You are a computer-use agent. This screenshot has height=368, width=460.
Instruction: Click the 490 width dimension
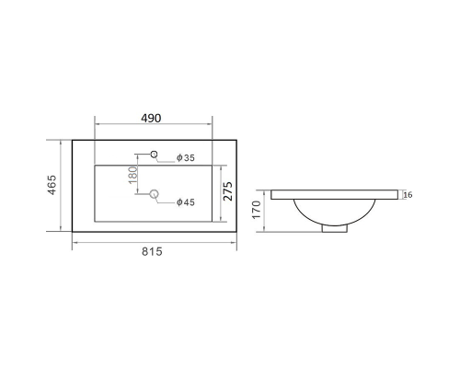[151, 118]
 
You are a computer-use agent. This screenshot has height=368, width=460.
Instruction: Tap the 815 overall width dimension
[152, 251]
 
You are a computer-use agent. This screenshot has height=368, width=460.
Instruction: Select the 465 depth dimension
[52, 185]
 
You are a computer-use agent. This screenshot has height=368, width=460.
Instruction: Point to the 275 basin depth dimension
[228, 191]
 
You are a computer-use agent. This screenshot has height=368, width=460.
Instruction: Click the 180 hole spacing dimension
[133, 175]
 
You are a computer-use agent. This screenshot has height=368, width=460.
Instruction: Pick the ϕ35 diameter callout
[186, 157]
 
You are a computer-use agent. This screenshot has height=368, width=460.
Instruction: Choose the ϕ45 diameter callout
[186, 202]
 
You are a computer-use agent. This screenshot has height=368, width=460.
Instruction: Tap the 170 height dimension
[257, 210]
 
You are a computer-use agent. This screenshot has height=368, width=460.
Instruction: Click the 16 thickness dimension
[408, 195]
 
